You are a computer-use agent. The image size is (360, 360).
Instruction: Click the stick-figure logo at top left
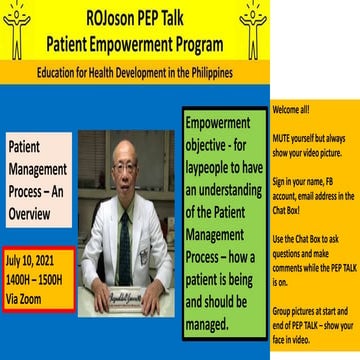click(17, 28)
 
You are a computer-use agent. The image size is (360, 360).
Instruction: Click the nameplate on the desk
click(125, 297)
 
